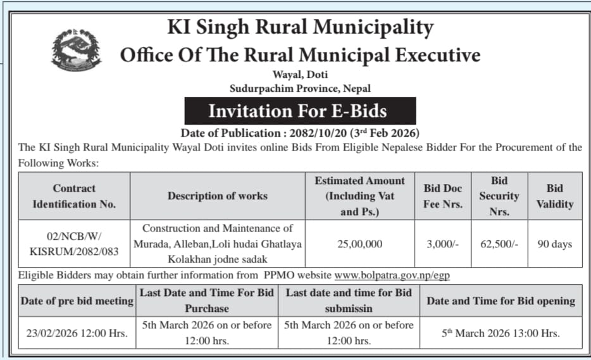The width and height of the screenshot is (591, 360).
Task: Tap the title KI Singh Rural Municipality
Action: point(300,27)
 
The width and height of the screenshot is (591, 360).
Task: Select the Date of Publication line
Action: point(300,133)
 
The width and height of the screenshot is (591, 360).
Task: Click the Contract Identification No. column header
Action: point(75,196)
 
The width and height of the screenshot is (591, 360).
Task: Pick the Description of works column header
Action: point(217,196)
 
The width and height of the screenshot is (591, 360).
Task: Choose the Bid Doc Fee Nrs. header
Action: point(442,196)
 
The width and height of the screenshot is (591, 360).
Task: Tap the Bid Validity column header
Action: point(554,196)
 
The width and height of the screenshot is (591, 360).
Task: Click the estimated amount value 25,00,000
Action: point(359,244)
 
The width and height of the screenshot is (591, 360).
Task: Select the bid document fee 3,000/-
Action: point(442,244)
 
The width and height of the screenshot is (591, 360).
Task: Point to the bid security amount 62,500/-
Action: point(499,244)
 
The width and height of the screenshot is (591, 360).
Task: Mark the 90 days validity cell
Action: point(554,244)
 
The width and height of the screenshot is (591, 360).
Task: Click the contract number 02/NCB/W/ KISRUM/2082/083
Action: point(75,244)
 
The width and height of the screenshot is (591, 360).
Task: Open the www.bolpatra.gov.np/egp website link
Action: point(392,276)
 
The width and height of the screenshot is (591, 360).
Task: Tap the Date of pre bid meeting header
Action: point(77,301)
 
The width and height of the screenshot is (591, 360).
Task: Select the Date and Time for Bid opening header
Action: point(501,301)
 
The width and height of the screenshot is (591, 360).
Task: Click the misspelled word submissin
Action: point(349,308)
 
